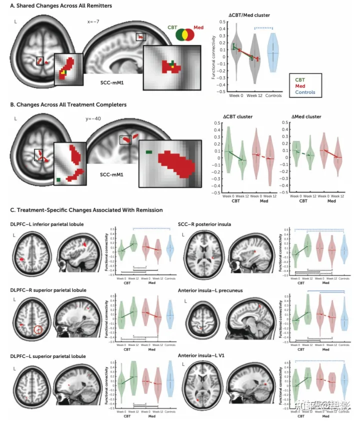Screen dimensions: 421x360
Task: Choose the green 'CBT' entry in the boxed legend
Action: (299, 79)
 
